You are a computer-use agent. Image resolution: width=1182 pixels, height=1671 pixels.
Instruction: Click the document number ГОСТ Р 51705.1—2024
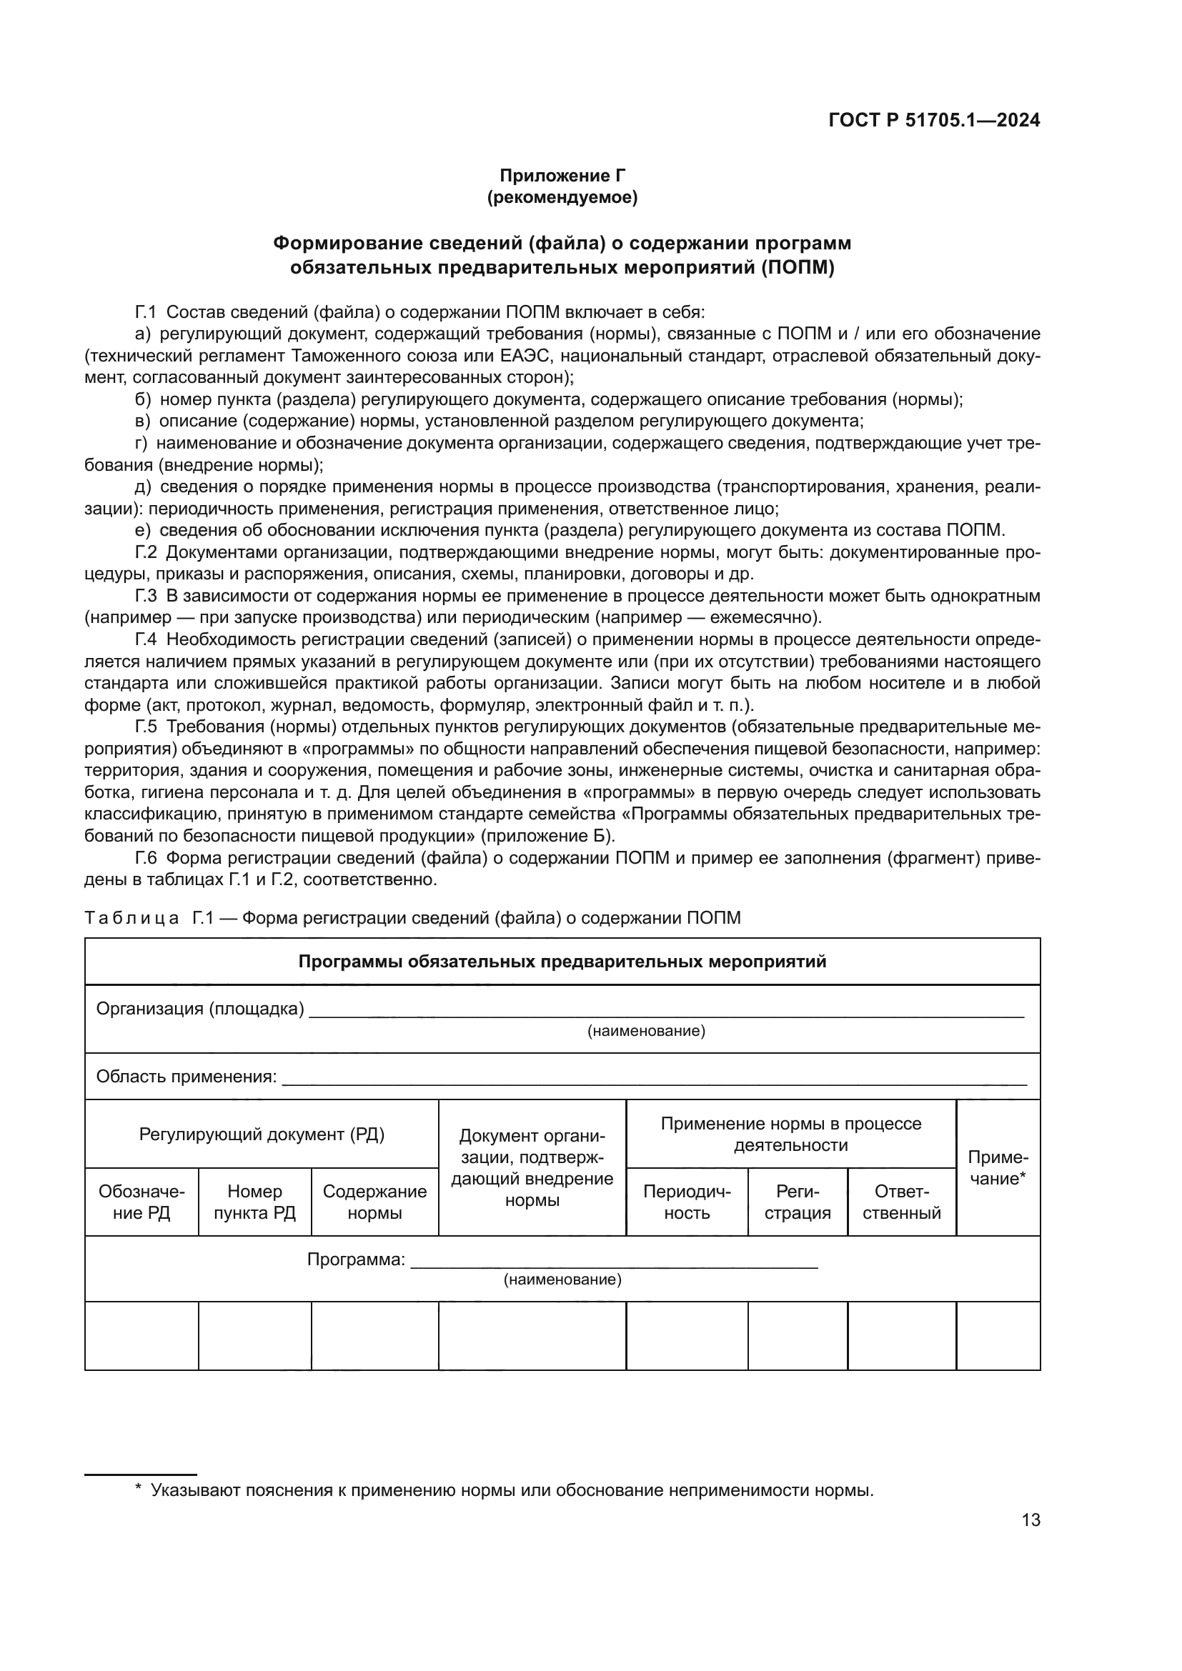pos(934,121)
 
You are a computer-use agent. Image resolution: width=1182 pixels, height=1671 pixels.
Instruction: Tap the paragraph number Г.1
pos(146,312)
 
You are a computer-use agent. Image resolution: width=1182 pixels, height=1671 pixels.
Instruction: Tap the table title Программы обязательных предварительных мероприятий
pos(562,962)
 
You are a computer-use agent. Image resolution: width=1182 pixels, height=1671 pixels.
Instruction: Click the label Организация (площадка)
pos(200,1009)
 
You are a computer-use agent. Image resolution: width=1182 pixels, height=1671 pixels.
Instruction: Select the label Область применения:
pos(187,1077)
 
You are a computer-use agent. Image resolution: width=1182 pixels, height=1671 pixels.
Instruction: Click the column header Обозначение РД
pos(142,1202)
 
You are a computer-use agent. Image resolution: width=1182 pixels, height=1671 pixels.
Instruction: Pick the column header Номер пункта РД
pos(254,1202)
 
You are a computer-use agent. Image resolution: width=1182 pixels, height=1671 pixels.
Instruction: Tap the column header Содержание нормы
pos(375,1202)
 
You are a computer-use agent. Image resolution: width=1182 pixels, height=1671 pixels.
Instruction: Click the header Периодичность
pos(686,1202)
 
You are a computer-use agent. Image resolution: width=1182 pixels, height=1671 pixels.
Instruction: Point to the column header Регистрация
pos(798,1202)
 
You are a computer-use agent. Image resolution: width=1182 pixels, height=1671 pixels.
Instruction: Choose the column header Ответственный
pos(901,1202)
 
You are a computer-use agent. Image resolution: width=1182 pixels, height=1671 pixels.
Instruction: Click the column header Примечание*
pos(997,1168)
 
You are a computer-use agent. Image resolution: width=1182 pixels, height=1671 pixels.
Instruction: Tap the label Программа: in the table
pos(356,1260)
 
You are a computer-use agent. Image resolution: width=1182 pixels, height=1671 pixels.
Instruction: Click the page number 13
pos(1030,1520)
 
